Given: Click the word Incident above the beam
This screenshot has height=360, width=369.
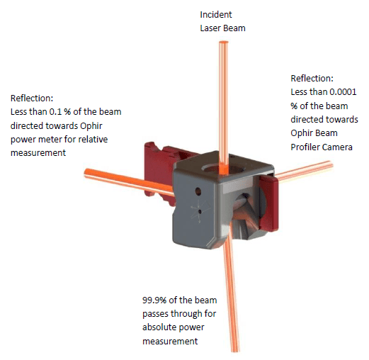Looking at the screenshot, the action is point(216,15).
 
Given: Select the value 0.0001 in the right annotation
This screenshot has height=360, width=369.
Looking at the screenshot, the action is point(343,92).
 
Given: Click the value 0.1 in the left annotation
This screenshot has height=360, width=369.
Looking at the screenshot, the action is point(55,112).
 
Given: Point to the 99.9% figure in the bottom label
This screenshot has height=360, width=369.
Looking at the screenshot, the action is point(154,300).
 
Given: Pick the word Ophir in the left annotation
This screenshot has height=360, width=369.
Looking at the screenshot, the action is point(91,126).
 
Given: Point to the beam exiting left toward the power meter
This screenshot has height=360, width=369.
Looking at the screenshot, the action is point(130,182).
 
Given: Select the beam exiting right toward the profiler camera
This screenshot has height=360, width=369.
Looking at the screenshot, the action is point(305,171).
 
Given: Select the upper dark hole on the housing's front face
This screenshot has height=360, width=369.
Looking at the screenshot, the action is point(198,191).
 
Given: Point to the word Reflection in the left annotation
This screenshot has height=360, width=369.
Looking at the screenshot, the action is point(32,99).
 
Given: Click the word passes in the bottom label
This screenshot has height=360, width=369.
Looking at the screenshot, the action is point(155,314).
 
